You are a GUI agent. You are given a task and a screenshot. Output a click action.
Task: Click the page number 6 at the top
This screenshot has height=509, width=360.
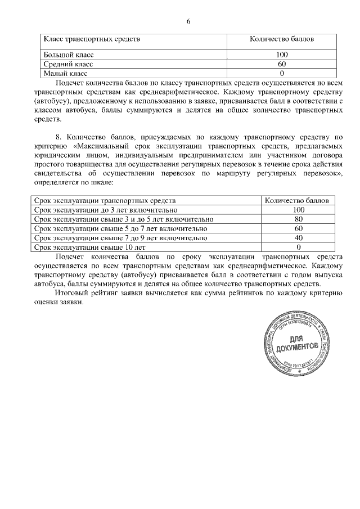point(188,21)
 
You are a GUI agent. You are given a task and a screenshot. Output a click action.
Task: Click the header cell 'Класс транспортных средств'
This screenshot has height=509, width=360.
point(92,40)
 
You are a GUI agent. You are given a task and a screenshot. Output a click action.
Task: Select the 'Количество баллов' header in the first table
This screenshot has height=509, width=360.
point(282,40)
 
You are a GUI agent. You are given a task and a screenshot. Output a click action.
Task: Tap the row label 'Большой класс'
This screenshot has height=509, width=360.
point(69,55)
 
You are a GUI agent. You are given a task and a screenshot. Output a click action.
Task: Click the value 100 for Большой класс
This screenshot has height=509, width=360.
point(282,55)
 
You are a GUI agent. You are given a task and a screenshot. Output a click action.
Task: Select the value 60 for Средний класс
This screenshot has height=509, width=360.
point(282,64)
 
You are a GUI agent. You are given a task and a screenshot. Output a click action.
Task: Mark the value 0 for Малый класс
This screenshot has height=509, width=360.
point(282,73)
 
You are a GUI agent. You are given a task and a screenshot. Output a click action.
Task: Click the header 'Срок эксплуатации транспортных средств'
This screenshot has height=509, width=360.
point(105,201)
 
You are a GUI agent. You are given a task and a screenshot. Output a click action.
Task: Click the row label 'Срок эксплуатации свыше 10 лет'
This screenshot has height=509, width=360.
point(90,247)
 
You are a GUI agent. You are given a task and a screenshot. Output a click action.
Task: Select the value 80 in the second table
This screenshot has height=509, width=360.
point(299,219)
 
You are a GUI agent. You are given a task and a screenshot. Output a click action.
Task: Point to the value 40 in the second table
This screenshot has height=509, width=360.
point(299,238)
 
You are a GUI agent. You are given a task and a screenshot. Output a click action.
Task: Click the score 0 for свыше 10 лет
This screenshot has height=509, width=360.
point(299,247)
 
